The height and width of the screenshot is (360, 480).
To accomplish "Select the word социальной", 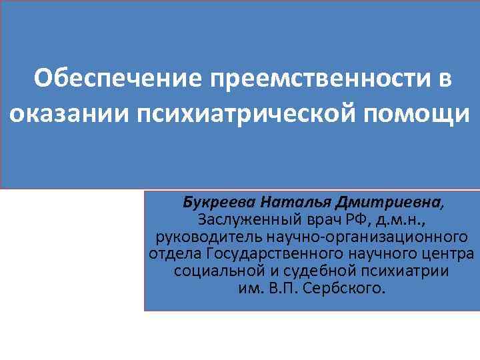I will [215, 273].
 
